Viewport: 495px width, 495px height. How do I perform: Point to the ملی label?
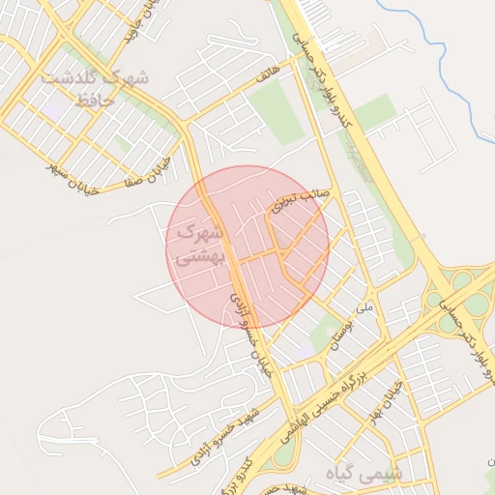[364, 308]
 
